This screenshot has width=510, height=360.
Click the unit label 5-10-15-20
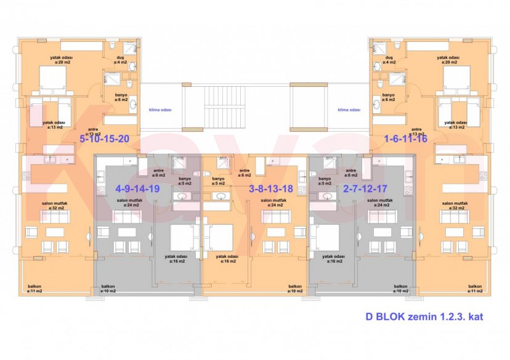point(105,138)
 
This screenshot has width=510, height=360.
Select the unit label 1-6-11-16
point(405,138)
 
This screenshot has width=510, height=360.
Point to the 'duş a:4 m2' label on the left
point(121,60)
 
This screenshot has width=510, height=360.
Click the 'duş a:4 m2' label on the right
point(389,60)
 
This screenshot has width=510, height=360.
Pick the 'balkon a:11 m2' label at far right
point(474,289)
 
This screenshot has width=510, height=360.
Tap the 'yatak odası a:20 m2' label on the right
point(448,60)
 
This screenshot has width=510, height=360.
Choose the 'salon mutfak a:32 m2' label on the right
point(455,206)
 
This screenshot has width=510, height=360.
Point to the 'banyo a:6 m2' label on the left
point(121,98)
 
